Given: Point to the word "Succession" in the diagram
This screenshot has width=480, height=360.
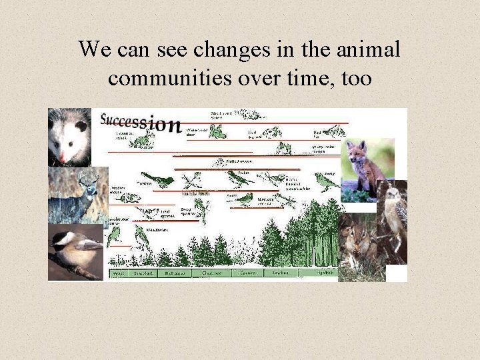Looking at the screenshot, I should click(140, 122).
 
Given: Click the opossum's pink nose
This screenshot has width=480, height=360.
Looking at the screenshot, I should click(62, 157).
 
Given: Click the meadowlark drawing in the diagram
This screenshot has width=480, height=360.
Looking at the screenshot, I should click(141, 235).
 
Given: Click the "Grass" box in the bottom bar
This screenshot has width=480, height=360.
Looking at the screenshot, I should click(119, 273).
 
